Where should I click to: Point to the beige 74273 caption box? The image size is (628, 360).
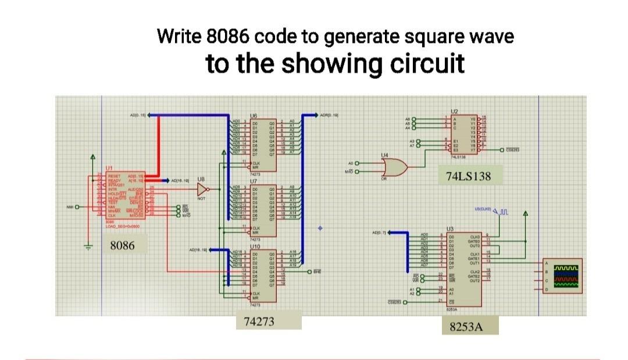[x=268, y=322]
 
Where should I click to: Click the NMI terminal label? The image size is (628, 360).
[x=68, y=206]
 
